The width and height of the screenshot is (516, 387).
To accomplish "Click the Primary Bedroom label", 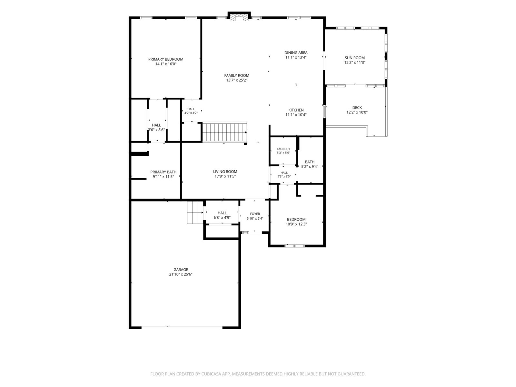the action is coord(165,59).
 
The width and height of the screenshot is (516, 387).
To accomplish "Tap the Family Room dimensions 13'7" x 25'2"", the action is coord(236,80).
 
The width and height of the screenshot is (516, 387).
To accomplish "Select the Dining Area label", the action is coord(296,53).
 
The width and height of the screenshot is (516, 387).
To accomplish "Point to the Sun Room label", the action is coord(354,58).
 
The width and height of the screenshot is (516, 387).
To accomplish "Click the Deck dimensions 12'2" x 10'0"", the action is coord(357,112).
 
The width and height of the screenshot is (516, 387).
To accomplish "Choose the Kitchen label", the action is coord(296,110).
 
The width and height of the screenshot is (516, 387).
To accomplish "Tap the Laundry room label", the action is coord(283,149).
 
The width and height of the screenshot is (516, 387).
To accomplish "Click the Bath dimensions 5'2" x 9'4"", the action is coord(310,167).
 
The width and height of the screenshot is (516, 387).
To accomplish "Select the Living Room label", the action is coord(225,172).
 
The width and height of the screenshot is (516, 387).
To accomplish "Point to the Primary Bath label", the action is coord(163,172).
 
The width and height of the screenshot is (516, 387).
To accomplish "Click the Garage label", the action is coord(181,270).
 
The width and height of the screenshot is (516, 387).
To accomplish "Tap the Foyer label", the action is coord(255,214).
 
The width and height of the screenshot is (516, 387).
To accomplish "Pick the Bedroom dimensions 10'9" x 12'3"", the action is coord(296,224).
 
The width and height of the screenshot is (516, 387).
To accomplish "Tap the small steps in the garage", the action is coord(195,213).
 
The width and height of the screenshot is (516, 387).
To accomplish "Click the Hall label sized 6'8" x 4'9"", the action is coord(222,213).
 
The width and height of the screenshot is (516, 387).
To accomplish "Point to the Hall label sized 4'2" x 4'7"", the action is coord(191,109).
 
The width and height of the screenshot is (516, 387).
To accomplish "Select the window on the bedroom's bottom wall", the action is coord(294,246).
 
